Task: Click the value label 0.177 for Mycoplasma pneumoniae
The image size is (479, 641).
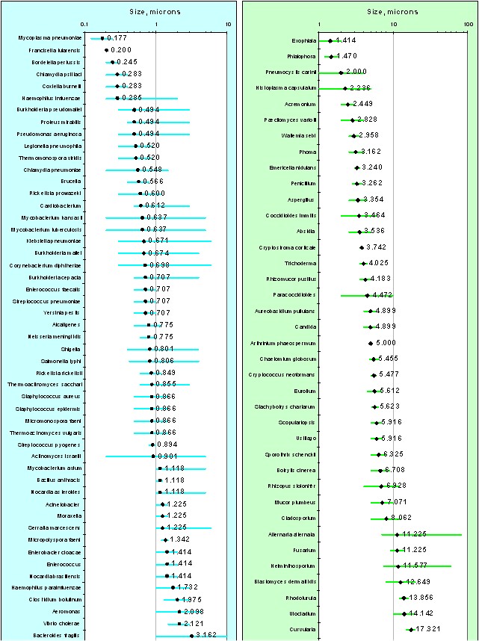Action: [x=118, y=37]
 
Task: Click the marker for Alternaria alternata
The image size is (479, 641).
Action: [x=397, y=534]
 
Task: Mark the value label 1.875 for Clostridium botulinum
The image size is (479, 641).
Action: [x=189, y=599]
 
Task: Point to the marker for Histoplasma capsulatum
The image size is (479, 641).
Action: [x=345, y=88]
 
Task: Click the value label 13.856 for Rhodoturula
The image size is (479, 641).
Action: [x=419, y=598]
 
